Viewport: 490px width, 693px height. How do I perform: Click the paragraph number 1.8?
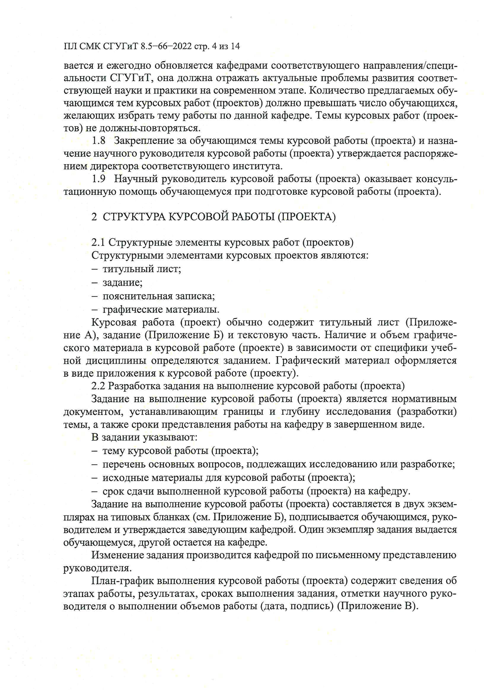[99, 141]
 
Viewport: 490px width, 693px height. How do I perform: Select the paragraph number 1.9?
[99, 179]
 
